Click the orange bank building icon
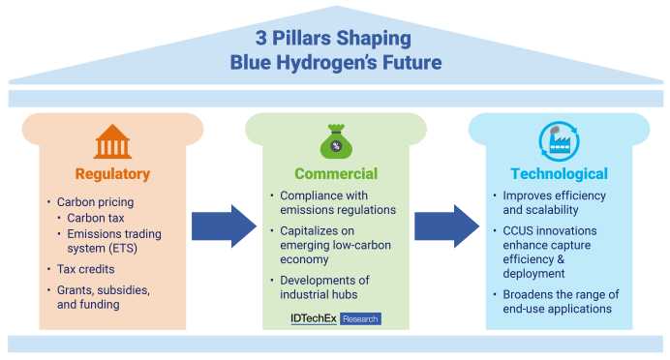(112, 141)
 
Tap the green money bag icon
(336, 141)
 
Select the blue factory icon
(559, 141)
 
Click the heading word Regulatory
(112, 174)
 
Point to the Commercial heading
(336, 173)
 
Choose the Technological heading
(559, 173)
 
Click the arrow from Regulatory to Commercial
(224, 225)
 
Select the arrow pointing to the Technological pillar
(447, 225)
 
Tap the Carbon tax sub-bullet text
(95, 218)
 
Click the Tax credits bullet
(86, 269)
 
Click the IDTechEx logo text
(314, 318)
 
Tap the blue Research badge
(360, 319)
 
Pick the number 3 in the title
(261, 38)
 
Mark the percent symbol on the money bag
(336, 146)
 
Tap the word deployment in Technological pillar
(533, 274)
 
